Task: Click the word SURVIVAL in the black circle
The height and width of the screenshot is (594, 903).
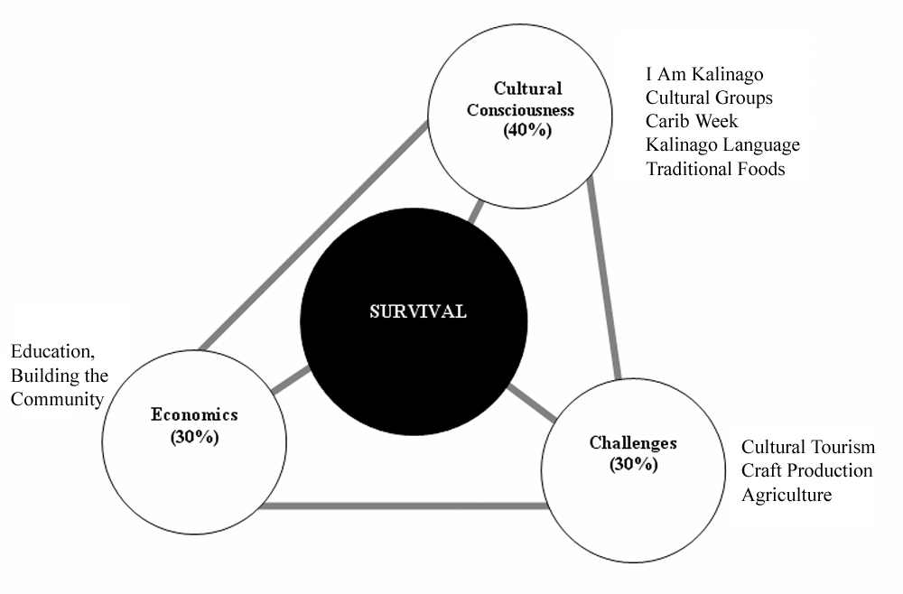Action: tap(417, 311)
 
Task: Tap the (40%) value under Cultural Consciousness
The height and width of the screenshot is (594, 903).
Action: tap(527, 130)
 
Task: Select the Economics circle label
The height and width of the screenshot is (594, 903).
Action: tap(194, 414)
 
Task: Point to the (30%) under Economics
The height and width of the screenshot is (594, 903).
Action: tap(195, 437)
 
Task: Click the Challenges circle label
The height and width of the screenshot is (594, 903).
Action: tap(633, 443)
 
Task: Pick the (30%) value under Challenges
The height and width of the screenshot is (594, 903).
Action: tap(634, 464)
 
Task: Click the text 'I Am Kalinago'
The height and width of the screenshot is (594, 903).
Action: tap(704, 74)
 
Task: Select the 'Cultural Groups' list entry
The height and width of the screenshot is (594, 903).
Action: tap(709, 97)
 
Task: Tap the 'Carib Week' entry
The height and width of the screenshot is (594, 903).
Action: tap(692, 121)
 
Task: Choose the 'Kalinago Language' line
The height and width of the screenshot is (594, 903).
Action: tap(722, 144)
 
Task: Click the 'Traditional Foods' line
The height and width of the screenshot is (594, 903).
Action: tap(715, 169)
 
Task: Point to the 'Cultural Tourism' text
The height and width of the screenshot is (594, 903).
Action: tap(808, 447)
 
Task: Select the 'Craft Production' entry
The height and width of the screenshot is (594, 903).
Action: tap(806, 470)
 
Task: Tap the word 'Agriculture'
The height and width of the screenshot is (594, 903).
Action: tap(787, 495)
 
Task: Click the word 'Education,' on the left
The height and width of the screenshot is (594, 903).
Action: tap(53, 352)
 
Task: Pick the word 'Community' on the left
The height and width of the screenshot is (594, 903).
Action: tap(57, 399)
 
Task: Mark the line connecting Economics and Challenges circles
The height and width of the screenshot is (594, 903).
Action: tap(404, 506)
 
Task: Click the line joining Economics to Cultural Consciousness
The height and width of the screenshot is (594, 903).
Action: tap(314, 235)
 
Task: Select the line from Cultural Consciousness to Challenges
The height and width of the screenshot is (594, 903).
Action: tap(604, 279)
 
